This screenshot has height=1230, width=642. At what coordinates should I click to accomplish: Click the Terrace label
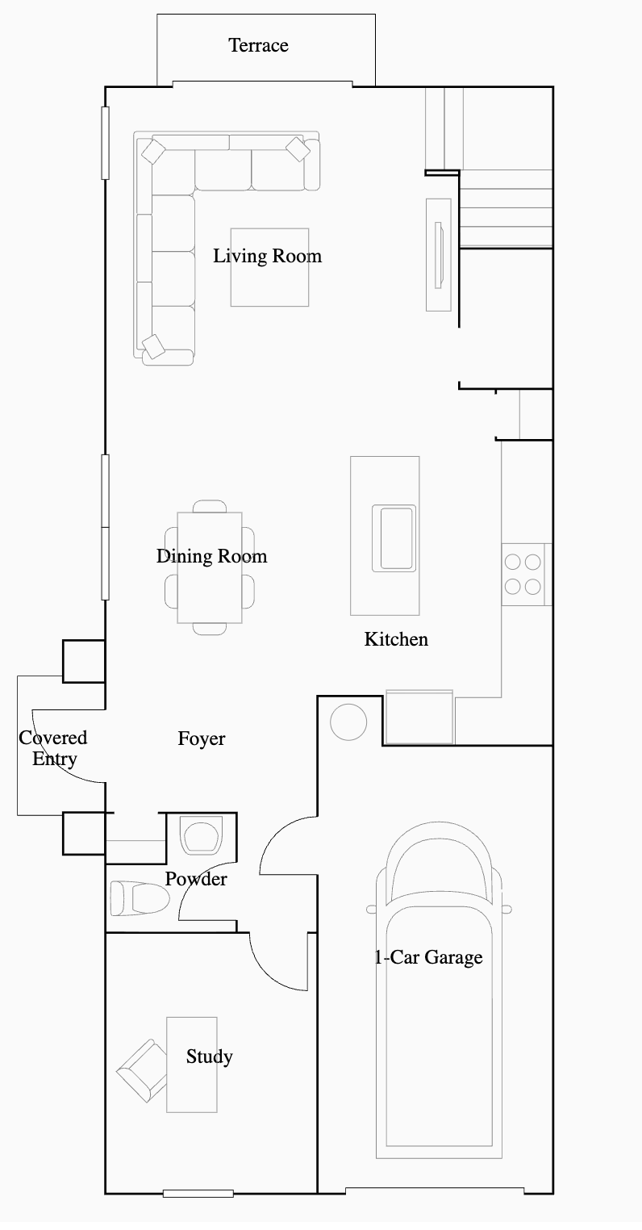(x=258, y=45)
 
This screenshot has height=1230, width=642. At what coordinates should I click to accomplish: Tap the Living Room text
(x=267, y=256)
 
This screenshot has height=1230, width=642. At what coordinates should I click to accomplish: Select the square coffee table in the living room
(x=269, y=267)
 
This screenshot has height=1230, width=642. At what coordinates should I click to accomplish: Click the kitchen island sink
(x=394, y=538)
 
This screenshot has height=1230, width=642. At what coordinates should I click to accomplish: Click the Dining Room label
(x=212, y=556)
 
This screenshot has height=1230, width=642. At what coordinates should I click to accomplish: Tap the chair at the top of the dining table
(x=210, y=506)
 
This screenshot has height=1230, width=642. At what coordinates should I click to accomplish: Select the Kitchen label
(x=396, y=639)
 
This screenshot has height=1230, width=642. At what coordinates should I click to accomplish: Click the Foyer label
(x=202, y=738)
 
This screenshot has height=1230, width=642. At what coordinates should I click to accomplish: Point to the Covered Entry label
(x=53, y=748)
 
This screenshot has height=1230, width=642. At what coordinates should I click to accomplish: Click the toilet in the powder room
(x=140, y=898)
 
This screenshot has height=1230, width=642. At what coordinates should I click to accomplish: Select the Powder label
(x=196, y=879)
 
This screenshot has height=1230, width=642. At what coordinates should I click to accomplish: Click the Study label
(x=209, y=1056)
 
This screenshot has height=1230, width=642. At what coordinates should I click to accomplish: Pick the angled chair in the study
(x=142, y=1070)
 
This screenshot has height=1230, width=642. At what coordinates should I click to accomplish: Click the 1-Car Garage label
(x=428, y=957)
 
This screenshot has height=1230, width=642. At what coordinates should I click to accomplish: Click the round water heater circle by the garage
(x=348, y=722)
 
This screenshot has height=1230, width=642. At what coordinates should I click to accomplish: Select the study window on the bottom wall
(x=198, y=1193)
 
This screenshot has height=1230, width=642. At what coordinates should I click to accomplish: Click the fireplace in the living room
(x=439, y=255)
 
